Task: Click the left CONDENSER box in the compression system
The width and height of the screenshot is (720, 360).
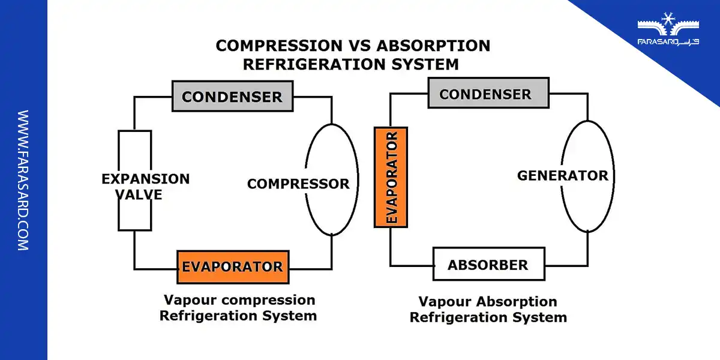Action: click(x=232, y=97)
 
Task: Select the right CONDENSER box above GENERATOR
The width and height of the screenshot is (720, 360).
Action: click(x=488, y=94)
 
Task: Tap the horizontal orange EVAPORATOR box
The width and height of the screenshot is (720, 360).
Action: click(x=233, y=267)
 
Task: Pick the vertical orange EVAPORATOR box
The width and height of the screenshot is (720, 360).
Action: click(x=391, y=177)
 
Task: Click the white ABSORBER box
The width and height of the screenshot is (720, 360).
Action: click(x=488, y=264)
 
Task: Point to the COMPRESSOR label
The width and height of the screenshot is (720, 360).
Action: click(x=298, y=184)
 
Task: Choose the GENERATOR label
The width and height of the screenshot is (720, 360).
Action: click(x=562, y=175)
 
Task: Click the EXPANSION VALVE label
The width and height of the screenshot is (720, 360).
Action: click(x=145, y=186)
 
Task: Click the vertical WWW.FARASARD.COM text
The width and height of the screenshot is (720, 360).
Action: click(x=23, y=180)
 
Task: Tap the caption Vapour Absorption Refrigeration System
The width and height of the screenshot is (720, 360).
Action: click(x=488, y=310)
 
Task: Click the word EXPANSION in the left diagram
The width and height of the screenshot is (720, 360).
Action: click(x=145, y=178)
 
